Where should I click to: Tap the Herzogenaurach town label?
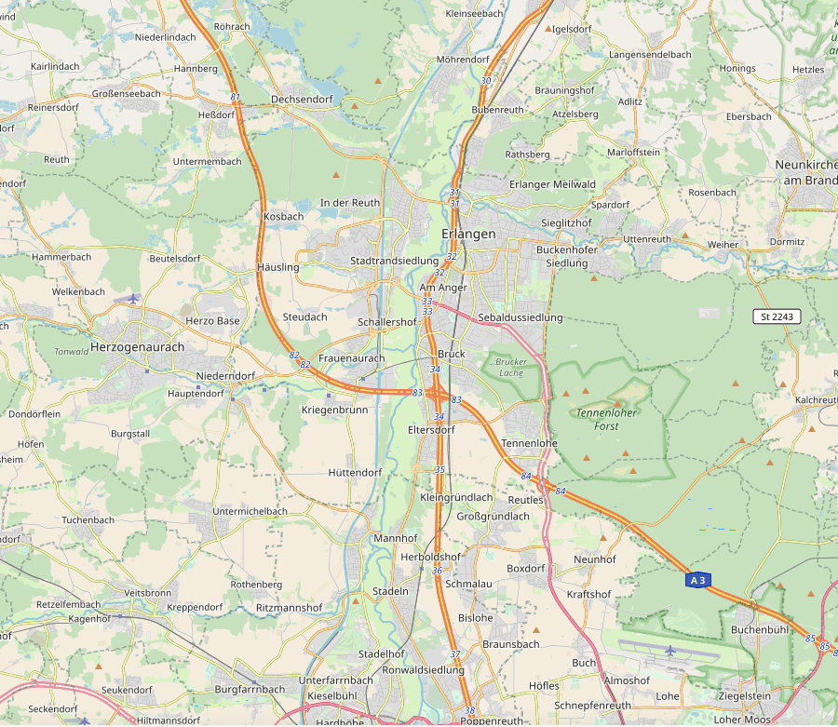coord(138,346)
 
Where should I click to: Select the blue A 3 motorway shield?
coord(697,580)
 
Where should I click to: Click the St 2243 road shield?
coord(777,316)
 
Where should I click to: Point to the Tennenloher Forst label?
coord(606,419)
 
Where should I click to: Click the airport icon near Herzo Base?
coord(133,299)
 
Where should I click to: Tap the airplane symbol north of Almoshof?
coord(670,649)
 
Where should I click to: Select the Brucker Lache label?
coord(511,367)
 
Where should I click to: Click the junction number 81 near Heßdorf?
coord(235,97)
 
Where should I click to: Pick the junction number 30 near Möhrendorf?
coord(485,81)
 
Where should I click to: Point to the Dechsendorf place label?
coord(302,99)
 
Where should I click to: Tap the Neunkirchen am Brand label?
coord(806,172)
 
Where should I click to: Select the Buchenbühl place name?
coord(760,630)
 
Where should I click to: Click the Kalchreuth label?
coord(817,399)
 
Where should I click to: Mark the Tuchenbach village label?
coord(88,519)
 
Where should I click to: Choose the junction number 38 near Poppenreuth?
coord(469,710)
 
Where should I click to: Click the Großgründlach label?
coord(493,516)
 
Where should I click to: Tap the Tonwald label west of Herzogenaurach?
coord(72,352)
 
